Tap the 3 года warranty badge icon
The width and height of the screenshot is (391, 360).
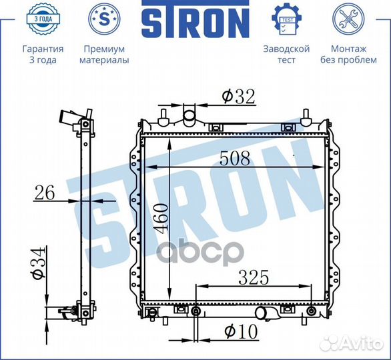[43, 19]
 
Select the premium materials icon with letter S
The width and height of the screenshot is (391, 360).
[103, 20]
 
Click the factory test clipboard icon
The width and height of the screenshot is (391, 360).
[286, 20]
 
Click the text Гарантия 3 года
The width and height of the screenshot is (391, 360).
[43, 55]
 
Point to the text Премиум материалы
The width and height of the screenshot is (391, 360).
[103, 55]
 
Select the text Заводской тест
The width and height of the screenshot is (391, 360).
[286, 55]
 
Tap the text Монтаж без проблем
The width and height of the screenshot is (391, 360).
[348, 55]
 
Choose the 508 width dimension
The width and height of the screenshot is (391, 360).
[235, 159]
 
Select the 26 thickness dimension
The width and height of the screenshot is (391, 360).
[45, 193]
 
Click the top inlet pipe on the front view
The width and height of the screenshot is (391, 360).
[189, 117]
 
